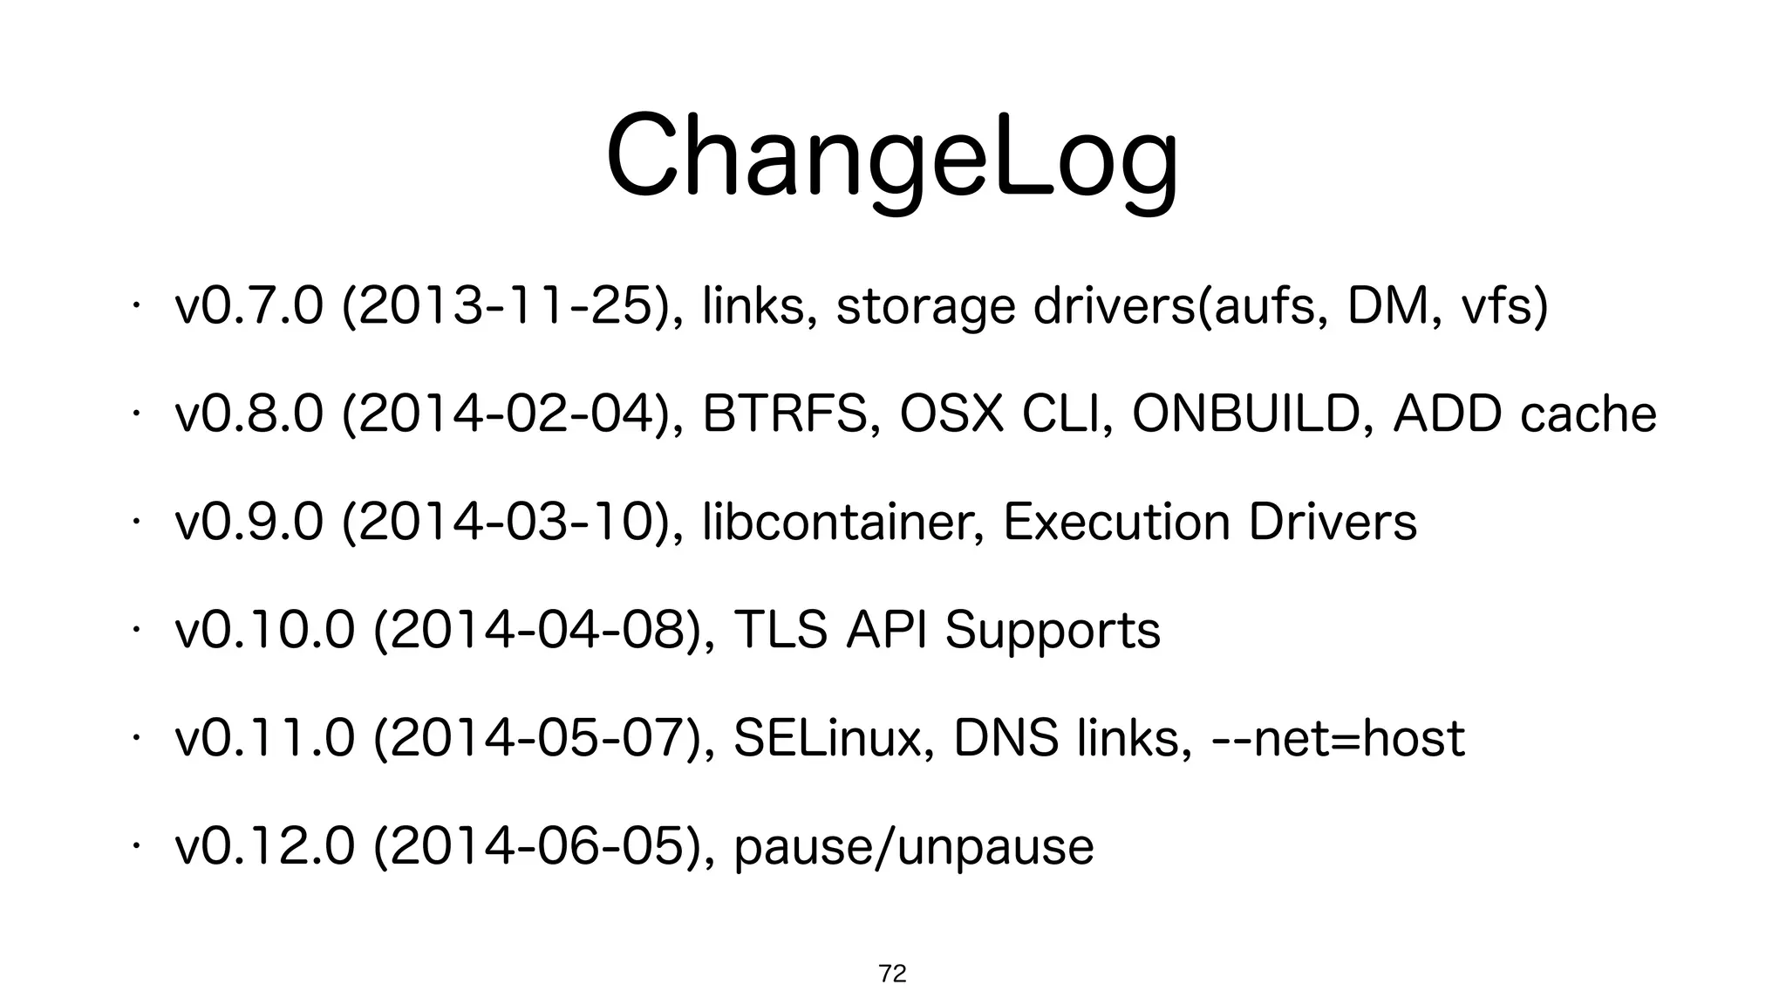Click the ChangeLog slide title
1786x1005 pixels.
click(x=891, y=157)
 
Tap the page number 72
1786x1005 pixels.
click(x=892, y=974)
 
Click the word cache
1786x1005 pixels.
click(x=1587, y=414)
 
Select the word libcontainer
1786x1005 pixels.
click(x=841, y=522)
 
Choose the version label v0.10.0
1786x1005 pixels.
click(x=264, y=630)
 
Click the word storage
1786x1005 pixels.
click(x=925, y=308)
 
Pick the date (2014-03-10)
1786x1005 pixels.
click(x=514, y=522)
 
